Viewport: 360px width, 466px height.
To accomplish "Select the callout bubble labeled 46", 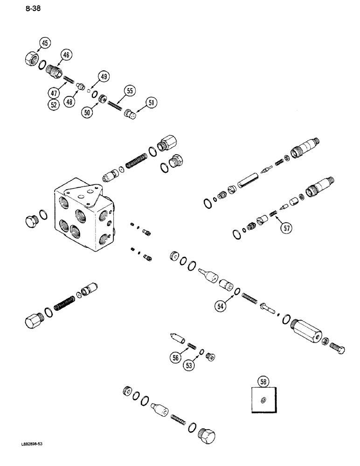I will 66,55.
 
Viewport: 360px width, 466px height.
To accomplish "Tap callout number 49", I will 103,77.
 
